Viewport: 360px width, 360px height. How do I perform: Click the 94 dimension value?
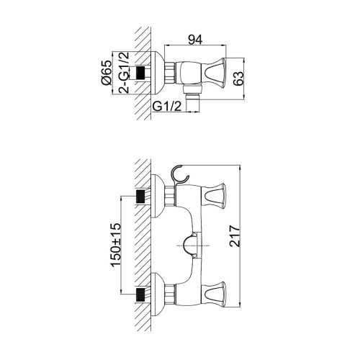tap(195, 40)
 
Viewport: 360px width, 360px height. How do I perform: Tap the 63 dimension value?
tap(238, 78)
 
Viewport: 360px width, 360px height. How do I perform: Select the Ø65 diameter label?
tap(107, 72)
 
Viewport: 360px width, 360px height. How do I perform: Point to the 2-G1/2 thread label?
tap(124, 72)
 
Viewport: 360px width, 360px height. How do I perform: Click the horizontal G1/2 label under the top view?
tap(167, 106)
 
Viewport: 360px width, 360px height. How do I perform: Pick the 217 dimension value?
tap(235, 236)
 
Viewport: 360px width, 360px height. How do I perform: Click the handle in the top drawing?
tap(214, 73)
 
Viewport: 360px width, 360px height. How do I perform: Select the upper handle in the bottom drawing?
tap(214, 195)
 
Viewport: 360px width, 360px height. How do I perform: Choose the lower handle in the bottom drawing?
tap(214, 294)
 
